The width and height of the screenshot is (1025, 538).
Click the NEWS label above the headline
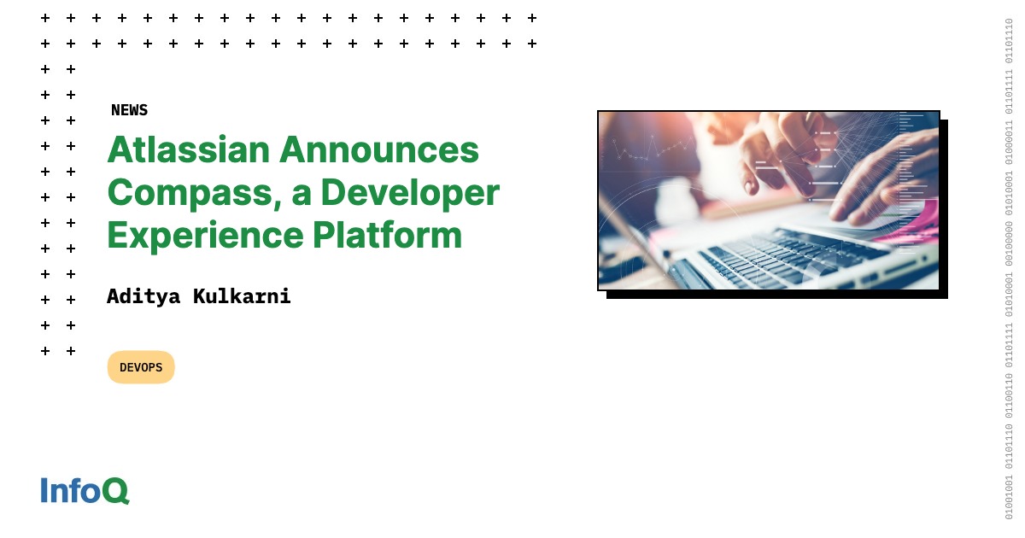coord(129,110)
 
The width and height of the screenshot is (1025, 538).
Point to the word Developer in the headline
coord(409,193)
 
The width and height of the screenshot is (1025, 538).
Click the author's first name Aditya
coord(143,296)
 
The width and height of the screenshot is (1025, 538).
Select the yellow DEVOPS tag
coord(141,367)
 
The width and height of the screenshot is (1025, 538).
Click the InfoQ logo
coord(85,491)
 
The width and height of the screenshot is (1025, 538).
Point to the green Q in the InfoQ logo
coord(116,492)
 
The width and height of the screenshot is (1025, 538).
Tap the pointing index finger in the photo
coord(752,175)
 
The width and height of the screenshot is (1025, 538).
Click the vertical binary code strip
coord(1008,269)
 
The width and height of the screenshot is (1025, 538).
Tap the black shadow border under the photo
coord(777,295)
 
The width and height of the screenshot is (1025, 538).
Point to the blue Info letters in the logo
coord(72,491)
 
